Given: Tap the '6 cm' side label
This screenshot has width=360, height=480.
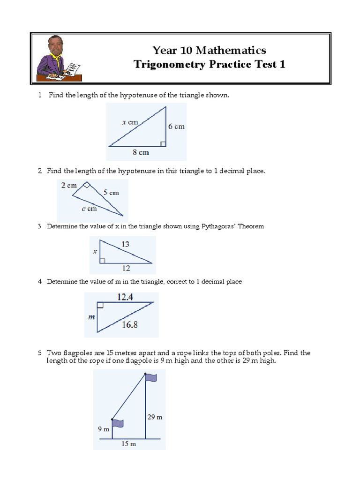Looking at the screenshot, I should (177, 127).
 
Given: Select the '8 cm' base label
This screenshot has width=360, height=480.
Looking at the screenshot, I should (140, 152).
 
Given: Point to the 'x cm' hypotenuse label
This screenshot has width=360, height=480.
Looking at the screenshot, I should (130, 122).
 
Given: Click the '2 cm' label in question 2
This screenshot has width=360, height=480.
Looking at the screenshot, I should (68, 185).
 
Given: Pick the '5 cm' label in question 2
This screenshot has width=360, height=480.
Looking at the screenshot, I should (111, 192).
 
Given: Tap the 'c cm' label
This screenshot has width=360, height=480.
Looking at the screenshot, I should (89, 209).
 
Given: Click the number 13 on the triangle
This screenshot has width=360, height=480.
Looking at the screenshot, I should (125, 244).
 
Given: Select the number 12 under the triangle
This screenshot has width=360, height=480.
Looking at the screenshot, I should (126, 268).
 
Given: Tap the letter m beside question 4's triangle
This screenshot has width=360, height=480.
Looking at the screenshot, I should (91, 317).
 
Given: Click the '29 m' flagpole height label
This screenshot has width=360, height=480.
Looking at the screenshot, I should (155, 417).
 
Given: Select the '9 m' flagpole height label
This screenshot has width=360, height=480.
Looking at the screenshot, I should (103, 429).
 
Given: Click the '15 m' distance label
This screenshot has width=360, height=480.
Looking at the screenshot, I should (128, 444).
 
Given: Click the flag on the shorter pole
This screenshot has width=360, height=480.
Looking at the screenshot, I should (118, 423).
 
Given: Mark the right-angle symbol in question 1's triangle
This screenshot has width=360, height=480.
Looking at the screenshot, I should (163, 143).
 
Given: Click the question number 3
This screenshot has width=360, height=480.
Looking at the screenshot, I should (40, 226).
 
